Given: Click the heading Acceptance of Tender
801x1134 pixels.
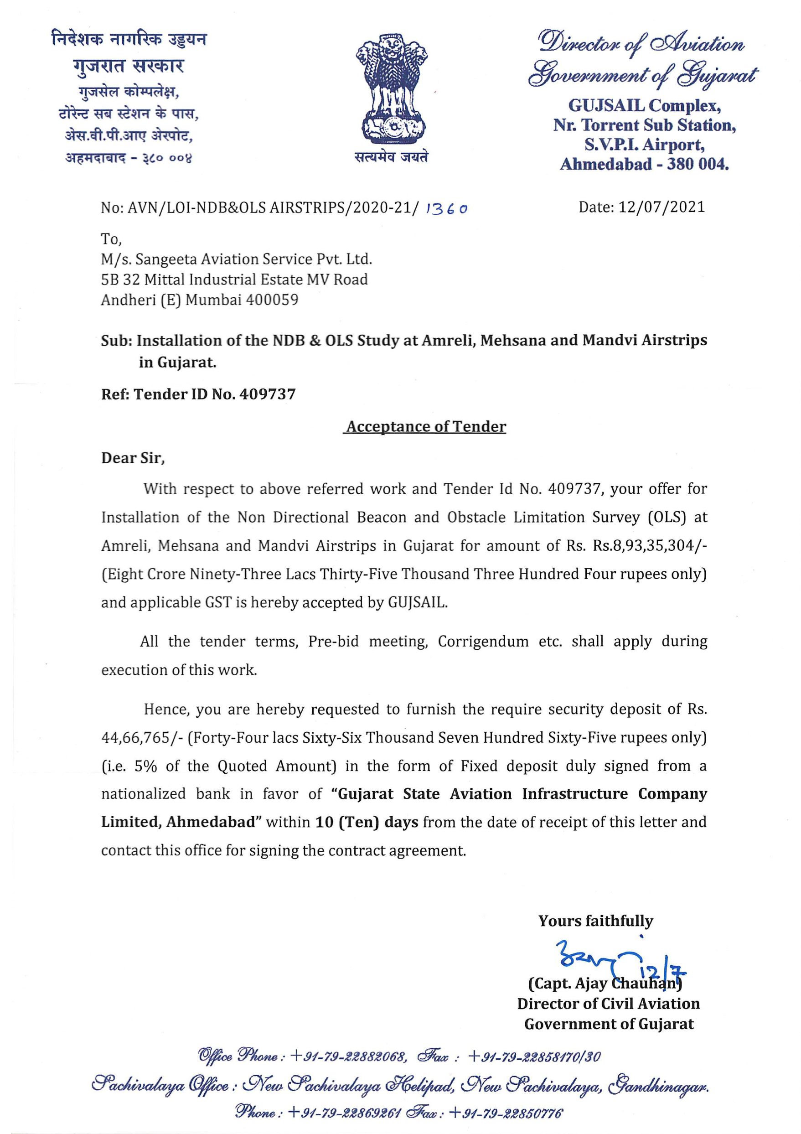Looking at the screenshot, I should point(425,426).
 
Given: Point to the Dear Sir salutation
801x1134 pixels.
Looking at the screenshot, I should point(133,458).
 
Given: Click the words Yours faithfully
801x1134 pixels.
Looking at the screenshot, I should point(595,921).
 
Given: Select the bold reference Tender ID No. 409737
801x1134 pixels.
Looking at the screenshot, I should point(214,394).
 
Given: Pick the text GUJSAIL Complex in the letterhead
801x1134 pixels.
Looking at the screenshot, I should point(644,105).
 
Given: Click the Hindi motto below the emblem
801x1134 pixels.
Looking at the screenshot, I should point(391,157).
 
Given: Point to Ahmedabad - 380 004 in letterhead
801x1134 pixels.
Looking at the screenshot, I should point(644,164).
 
